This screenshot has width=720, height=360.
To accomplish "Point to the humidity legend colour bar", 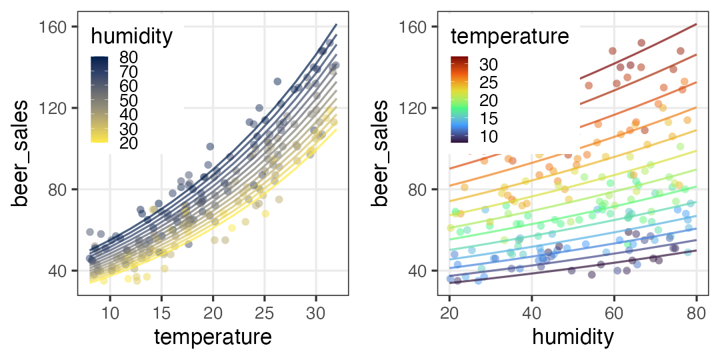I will point(99,99).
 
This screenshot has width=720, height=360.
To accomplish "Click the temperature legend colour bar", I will point(459,99).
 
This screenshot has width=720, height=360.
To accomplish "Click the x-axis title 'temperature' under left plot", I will point(213,337).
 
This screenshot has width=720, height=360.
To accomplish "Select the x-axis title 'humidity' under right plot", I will point(573,337).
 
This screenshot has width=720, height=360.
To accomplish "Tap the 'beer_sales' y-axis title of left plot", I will point(22,153).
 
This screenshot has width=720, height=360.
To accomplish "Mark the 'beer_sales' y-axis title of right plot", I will point(381,153).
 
